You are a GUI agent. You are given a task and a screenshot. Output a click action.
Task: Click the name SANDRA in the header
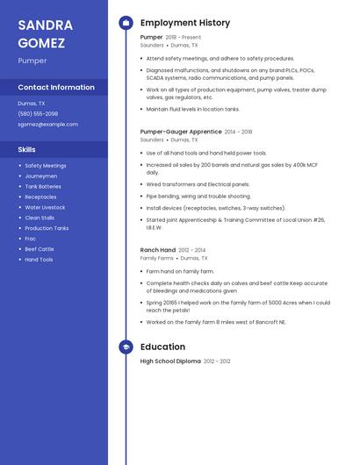click(45, 25)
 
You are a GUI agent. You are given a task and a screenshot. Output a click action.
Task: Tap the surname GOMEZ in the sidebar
click(41, 42)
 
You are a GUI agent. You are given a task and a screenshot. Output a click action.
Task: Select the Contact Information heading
click(56, 87)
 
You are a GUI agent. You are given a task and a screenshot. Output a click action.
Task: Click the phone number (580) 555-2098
click(38, 114)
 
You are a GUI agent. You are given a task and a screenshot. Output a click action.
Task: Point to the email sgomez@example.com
click(47, 125)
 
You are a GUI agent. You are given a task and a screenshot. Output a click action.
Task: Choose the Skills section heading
click(26, 149)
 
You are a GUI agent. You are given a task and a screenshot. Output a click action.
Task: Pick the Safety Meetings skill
click(46, 165)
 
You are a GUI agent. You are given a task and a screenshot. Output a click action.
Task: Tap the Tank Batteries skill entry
click(43, 186)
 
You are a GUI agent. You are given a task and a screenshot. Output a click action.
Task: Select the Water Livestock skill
click(46, 207)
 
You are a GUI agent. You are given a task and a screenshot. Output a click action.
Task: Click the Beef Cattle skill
click(40, 249)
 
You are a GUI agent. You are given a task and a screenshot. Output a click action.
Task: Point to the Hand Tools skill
click(39, 260)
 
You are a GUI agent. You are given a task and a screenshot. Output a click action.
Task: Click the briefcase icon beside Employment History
click(126, 23)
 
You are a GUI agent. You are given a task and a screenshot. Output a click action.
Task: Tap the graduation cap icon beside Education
click(126, 347)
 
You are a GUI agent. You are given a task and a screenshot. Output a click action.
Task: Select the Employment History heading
click(185, 23)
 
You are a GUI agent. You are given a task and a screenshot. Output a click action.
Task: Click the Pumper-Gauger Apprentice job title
click(180, 132)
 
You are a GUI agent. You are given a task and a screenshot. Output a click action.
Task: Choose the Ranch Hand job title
click(158, 250)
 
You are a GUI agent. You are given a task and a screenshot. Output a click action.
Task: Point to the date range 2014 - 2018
click(238, 132)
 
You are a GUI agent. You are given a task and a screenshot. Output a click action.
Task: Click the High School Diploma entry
click(170, 361)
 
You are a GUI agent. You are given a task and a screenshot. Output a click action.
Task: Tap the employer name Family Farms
click(157, 259)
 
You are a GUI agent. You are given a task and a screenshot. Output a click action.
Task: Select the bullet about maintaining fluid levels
click(193, 110)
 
